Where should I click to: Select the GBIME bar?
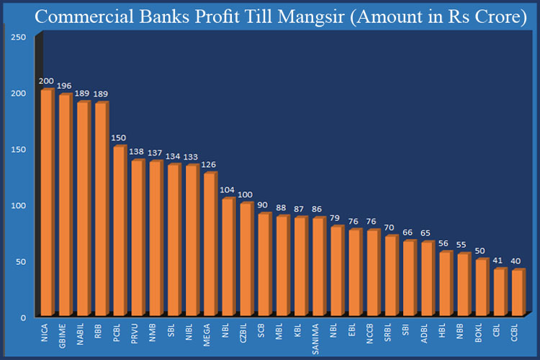65,205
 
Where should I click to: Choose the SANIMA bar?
318,266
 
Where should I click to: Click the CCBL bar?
518,292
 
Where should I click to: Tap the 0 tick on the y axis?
23,318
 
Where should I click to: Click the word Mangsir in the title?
301,17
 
